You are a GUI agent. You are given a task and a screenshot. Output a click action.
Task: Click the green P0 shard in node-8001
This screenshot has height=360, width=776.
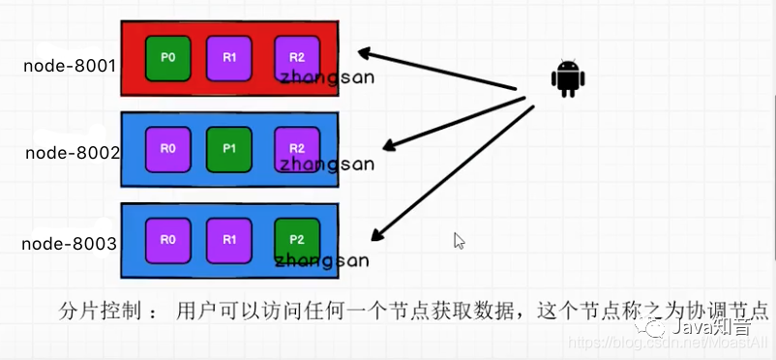click(x=168, y=57)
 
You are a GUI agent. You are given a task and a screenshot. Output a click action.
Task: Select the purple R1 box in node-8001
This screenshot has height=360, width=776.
click(x=229, y=57)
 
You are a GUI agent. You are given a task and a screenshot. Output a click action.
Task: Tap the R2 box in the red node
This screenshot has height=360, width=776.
click(x=296, y=57)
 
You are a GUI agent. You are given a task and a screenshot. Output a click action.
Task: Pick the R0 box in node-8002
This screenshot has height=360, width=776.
click(x=167, y=149)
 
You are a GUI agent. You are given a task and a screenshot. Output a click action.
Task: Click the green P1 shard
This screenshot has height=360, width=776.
click(x=229, y=149)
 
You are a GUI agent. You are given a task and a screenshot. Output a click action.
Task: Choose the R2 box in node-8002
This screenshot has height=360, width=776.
click(x=296, y=149)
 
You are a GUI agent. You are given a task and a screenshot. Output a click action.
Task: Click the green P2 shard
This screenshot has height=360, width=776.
click(x=296, y=238)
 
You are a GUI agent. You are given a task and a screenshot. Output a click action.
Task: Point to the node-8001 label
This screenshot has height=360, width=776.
click(x=71, y=67)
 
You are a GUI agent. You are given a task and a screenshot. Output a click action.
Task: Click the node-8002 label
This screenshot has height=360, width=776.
click(x=71, y=153)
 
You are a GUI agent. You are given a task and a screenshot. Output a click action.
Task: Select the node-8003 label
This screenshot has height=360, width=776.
click(x=69, y=244)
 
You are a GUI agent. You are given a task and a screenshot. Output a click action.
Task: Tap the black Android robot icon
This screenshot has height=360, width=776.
click(x=567, y=79)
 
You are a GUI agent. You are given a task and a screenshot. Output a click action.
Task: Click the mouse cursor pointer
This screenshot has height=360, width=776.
click(x=460, y=241)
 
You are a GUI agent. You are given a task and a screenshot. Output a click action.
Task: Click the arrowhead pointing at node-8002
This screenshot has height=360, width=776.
click(x=388, y=147)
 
